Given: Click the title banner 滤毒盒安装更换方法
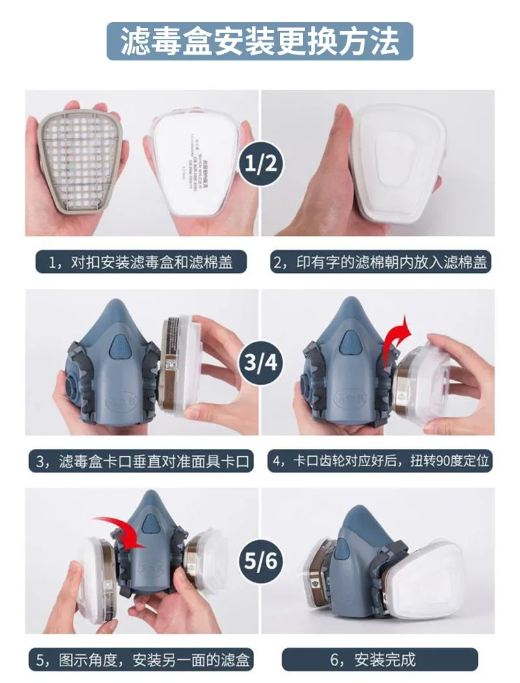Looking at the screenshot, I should pyautogui.click(x=260, y=42).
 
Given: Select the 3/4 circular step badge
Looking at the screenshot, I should pyautogui.click(x=260, y=361).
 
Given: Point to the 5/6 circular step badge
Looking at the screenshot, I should pyautogui.click(x=260, y=559).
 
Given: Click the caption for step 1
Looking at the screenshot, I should pyautogui.click(x=141, y=263).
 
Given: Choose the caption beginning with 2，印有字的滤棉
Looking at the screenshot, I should pyautogui.click(x=380, y=263).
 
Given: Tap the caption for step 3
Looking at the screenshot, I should pyautogui.click(x=141, y=461).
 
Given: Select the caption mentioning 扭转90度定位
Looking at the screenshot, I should pyautogui.click(x=380, y=461).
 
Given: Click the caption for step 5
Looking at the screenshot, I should pyautogui.click(x=141, y=660).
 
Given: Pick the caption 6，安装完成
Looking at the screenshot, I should pyautogui.click(x=380, y=660).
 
